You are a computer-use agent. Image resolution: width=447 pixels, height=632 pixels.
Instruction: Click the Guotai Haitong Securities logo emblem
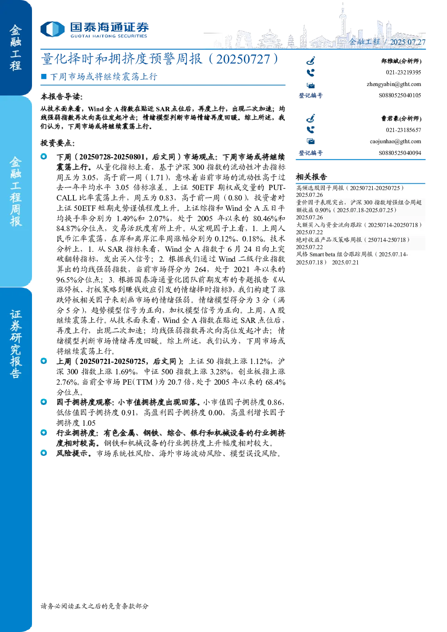click(x=52, y=29)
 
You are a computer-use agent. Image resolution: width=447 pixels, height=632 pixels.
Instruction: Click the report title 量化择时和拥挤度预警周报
click(x=122, y=59)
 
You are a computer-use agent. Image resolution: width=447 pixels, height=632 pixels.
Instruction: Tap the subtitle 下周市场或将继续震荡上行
click(x=104, y=77)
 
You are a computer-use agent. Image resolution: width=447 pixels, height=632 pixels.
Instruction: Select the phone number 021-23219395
click(x=403, y=73)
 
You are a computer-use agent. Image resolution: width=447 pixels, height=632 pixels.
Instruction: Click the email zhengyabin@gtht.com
click(x=394, y=84)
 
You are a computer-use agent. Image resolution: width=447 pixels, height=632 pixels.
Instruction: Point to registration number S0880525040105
click(x=400, y=95)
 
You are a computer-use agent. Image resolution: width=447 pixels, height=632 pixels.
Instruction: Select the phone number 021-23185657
click(x=403, y=130)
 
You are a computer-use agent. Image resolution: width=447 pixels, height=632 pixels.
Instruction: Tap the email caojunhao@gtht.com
click(x=395, y=141)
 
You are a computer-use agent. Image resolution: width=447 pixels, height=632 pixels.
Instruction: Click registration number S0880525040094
click(x=400, y=153)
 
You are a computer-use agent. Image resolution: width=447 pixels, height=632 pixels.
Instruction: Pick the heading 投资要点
click(x=58, y=143)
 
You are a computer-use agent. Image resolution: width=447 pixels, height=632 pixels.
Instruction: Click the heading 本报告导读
click(x=62, y=97)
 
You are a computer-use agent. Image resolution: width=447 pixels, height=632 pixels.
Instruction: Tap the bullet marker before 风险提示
click(x=44, y=453)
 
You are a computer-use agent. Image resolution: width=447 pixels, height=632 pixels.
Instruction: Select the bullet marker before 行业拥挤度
click(x=44, y=432)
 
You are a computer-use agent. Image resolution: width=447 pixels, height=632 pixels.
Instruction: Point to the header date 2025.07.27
click(x=407, y=42)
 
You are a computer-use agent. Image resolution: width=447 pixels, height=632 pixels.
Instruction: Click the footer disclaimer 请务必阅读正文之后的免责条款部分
click(x=95, y=606)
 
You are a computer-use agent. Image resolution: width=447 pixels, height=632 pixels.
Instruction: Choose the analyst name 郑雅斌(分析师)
click(x=401, y=61)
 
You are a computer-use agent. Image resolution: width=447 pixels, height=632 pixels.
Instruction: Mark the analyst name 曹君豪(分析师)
click(x=401, y=118)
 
